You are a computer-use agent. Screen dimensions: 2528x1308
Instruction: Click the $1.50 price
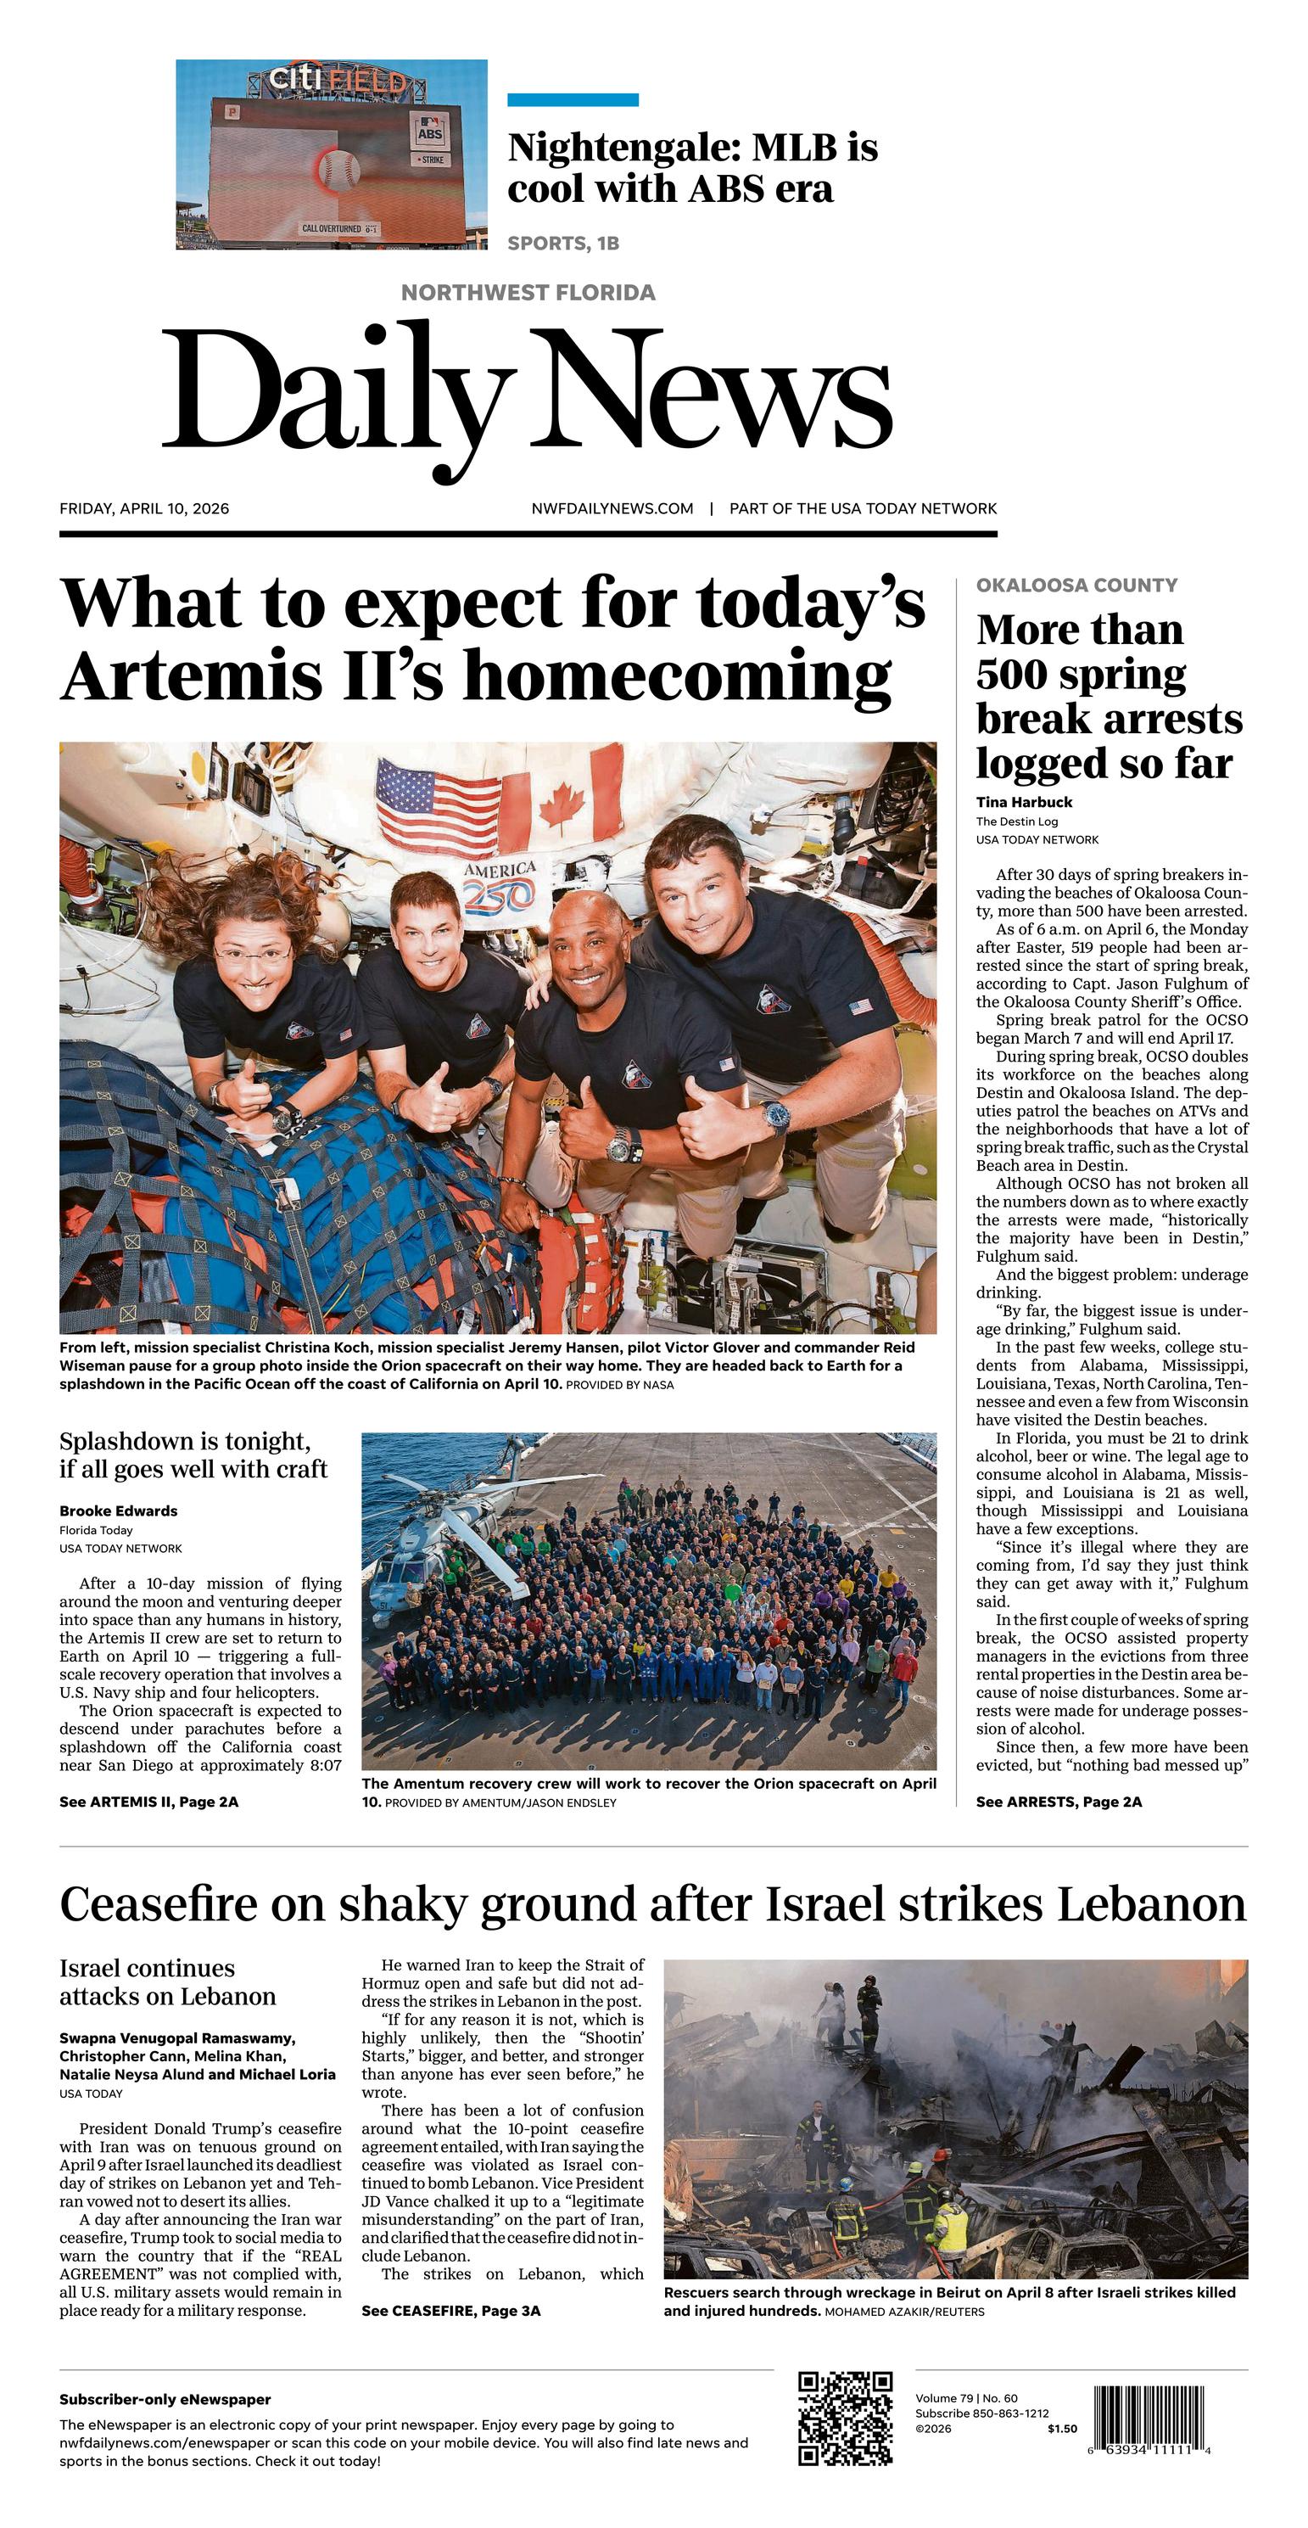(x=1062, y=2429)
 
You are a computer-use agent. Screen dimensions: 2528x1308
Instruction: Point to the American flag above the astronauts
(x=438, y=807)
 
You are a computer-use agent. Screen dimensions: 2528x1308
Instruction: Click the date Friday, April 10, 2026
(x=144, y=508)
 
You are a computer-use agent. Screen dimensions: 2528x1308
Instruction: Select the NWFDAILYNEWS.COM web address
(x=612, y=508)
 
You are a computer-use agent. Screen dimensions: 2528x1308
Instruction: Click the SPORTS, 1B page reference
(x=563, y=244)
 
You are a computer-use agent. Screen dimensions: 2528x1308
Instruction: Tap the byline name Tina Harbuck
(x=1024, y=802)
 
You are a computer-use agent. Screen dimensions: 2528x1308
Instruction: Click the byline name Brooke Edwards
(x=118, y=1511)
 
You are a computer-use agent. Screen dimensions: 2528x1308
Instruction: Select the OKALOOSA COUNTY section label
(x=1076, y=585)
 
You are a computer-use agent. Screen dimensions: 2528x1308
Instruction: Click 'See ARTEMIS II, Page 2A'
(x=149, y=1802)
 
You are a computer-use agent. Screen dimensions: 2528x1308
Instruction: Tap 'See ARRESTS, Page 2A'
(x=1059, y=1802)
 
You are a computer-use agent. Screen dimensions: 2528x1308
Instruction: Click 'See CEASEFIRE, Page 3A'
(x=451, y=2311)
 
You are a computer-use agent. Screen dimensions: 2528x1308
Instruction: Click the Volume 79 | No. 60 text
(x=966, y=2397)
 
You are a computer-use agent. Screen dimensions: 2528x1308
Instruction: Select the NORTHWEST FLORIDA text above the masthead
(x=528, y=293)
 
